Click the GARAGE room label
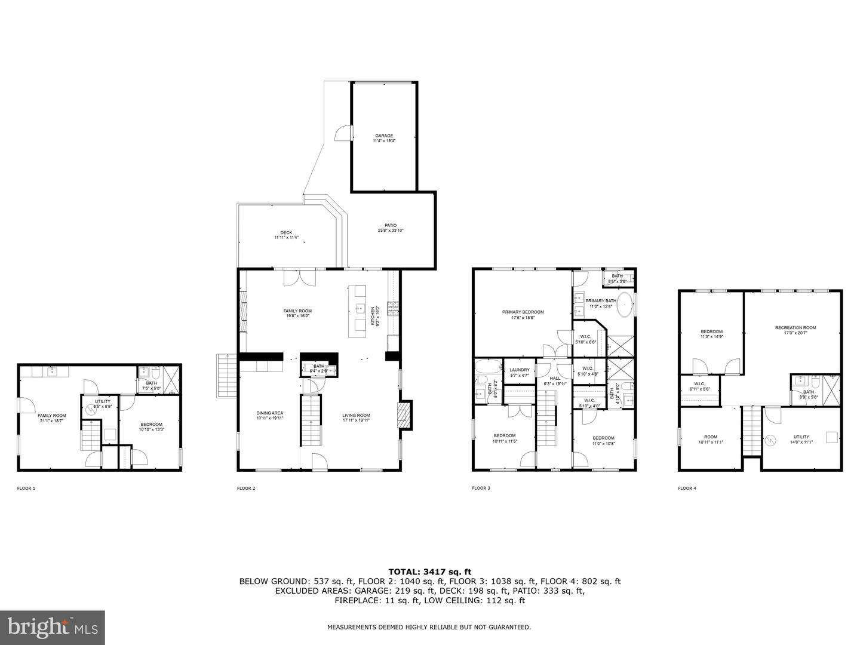click(x=384, y=136)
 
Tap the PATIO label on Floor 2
click(x=391, y=226)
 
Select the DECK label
click(x=286, y=233)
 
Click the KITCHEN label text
click(x=373, y=315)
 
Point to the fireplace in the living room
click(x=404, y=416)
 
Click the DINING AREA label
click(x=270, y=413)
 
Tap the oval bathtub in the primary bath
click(x=625, y=305)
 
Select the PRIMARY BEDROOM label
click(x=523, y=312)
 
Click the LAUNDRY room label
click(x=519, y=370)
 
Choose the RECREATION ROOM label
click(x=795, y=327)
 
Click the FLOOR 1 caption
click(x=26, y=489)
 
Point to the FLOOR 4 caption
click(x=687, y=489)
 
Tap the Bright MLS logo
click(x=53, y=627)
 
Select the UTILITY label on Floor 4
click(x=801, y=437)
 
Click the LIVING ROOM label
click(x=356, y=416)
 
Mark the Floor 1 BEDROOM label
click(x=151, y=425)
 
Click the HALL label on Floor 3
click(x=555, y=378)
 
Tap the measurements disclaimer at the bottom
click(x=429, y=627)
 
